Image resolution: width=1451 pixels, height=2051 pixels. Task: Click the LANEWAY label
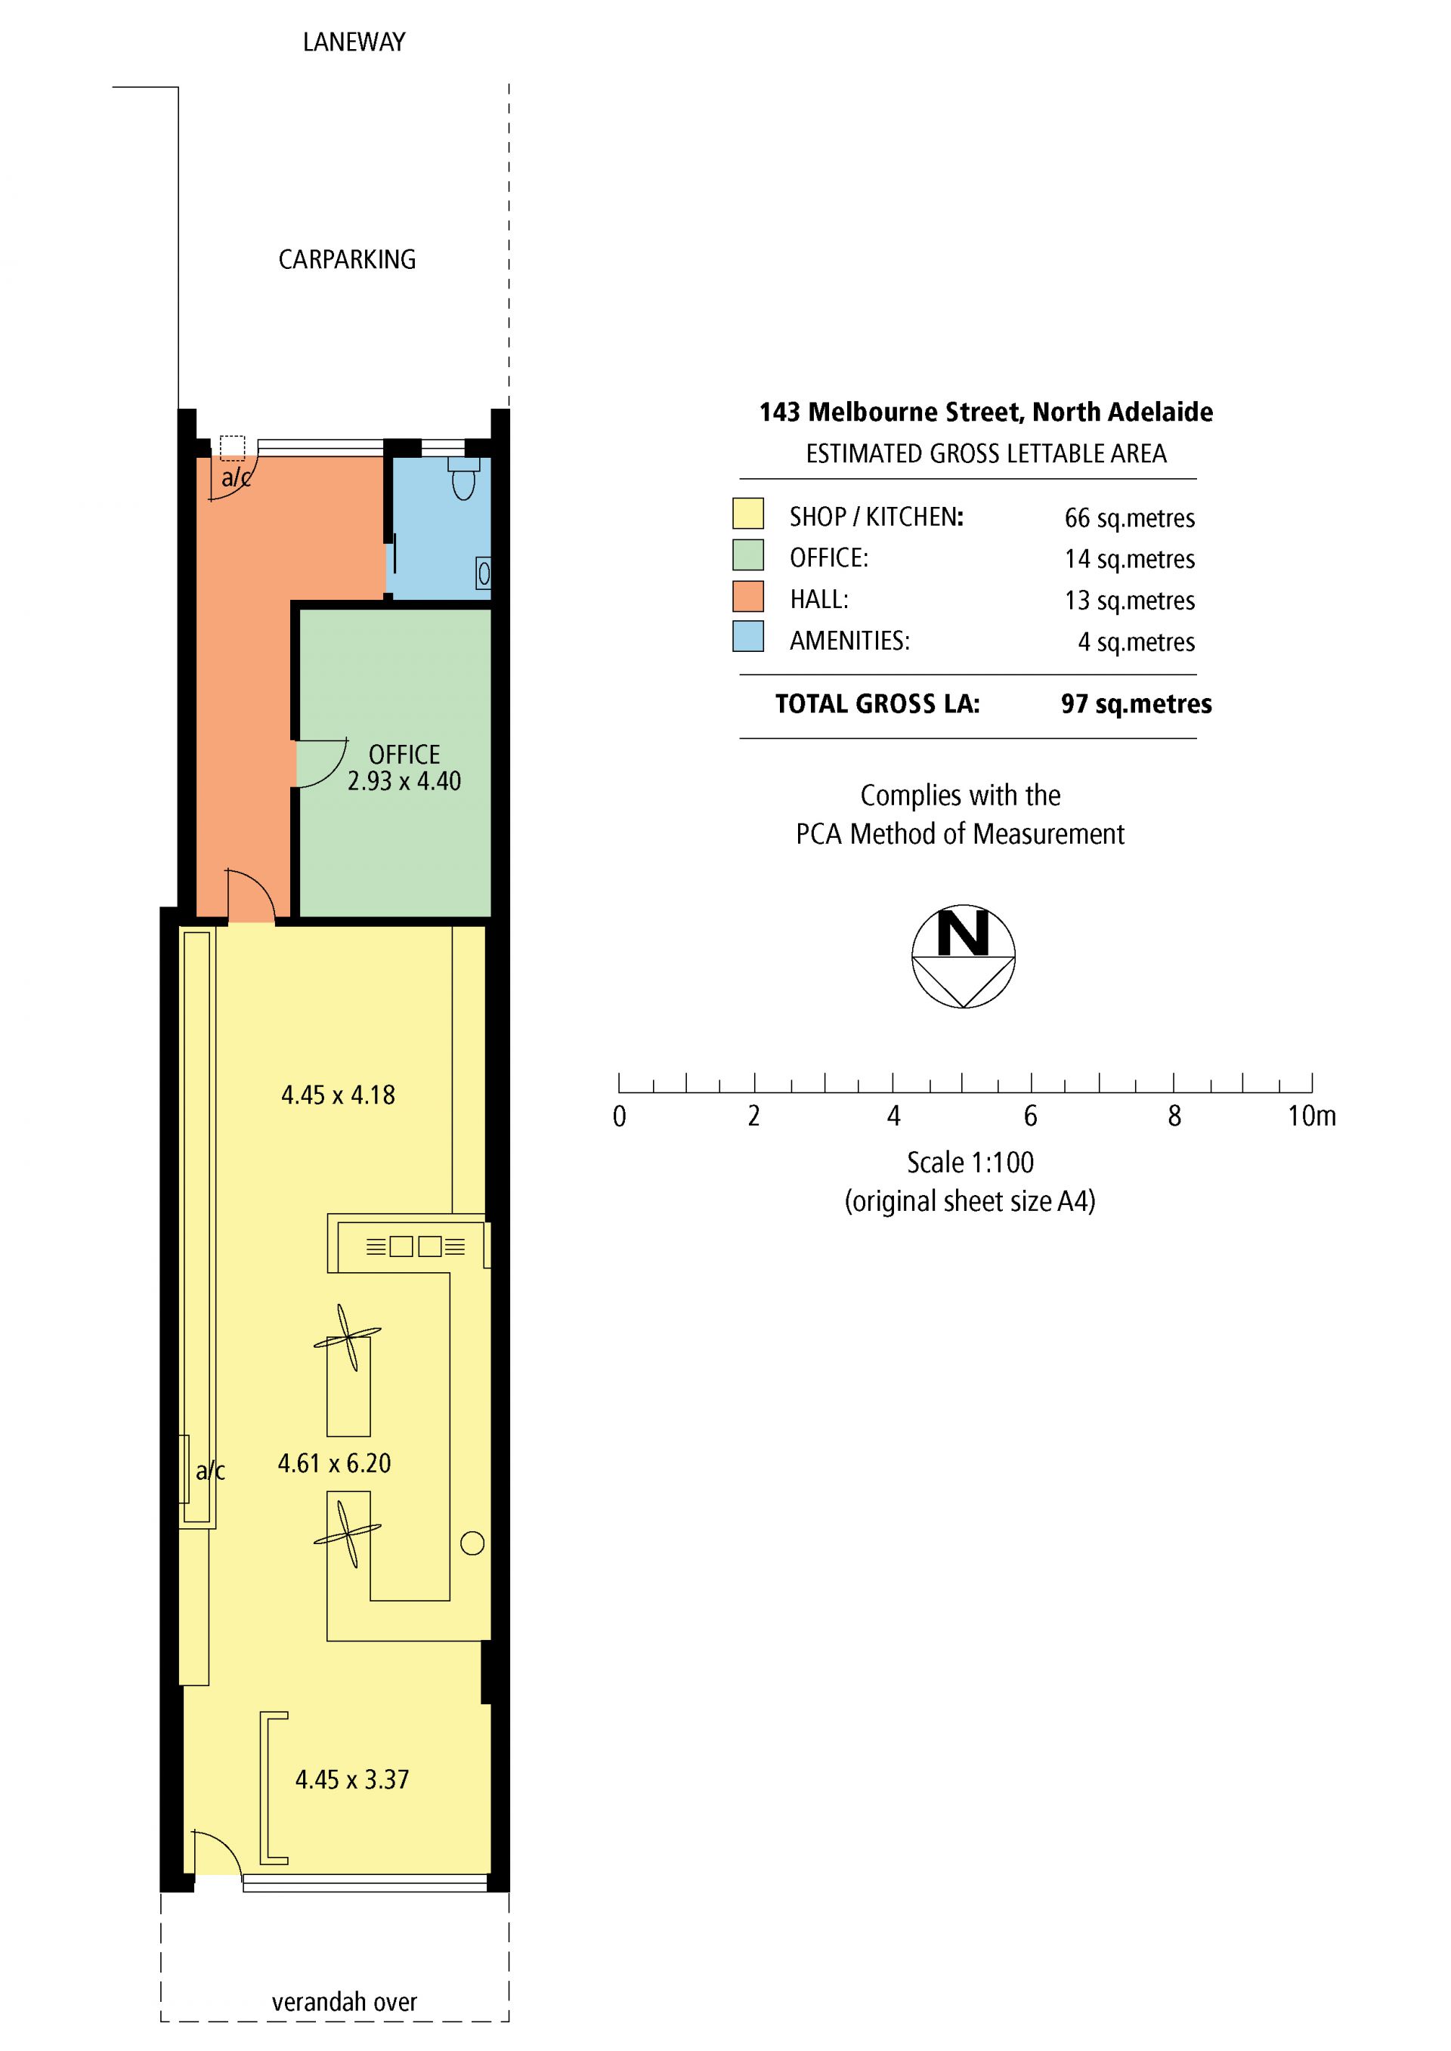coord(354,42)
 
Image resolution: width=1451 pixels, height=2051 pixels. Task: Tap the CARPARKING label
coord(347,259)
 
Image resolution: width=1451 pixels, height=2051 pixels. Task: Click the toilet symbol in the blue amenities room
coord(464,478)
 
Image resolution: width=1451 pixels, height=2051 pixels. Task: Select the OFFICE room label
coord(405,754)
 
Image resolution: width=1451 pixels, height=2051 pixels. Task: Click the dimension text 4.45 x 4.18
coord(338,1095)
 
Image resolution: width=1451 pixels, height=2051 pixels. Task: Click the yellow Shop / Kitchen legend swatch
coord(748,514)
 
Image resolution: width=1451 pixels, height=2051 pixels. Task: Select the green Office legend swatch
coord(748,554)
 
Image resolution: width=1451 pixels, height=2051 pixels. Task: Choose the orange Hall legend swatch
coord(748,596)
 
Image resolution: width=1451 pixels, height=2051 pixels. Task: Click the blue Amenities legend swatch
coord(748,636)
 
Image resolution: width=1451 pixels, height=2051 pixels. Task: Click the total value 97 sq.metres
coord(1137,704)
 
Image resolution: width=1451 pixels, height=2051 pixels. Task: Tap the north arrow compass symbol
coord(963,956)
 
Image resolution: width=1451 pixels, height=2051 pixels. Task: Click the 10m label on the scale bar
coord(1312,1116)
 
